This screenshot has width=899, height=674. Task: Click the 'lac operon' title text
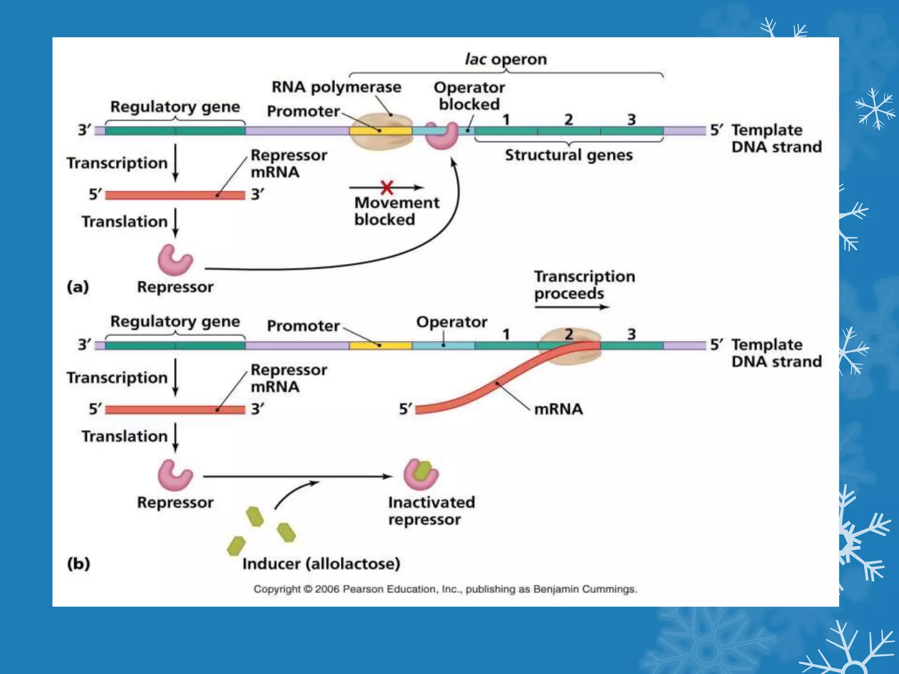click(x=506, y=59)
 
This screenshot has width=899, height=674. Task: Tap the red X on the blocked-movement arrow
click(x=387, y=188)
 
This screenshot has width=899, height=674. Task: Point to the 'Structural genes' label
click(x=569, y=155)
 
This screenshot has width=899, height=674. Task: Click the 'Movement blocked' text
click(x=396, y=211)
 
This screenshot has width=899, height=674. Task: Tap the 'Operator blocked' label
click(x=469, y=96)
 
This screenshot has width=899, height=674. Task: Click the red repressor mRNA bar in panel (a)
click(x=175, y=195)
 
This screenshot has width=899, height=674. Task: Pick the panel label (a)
click(x=78, y=287)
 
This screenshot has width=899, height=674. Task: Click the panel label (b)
click(x=79, y=563)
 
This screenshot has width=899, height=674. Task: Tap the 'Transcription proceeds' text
click(x=584, y=285)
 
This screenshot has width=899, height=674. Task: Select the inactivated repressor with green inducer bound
click(x=421, y=474)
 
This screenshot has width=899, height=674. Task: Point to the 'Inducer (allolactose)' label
click(x=321, y=564)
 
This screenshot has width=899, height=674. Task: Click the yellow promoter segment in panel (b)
click(x=381, y=345)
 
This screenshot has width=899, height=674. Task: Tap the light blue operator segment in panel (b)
click(x=443, y=345)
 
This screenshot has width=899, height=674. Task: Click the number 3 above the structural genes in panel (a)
click(x=631, y=119)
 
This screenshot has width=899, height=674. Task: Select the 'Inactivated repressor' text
click(x=431, y=511)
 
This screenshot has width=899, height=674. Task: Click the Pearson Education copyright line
click(x=445, y=589)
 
